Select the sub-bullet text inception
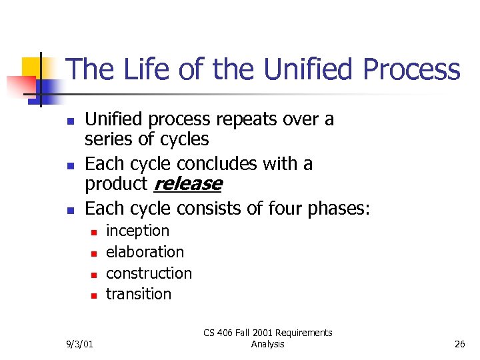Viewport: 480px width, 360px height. click(x=138, y=231)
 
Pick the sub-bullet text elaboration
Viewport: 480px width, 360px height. click(x=145, y=252)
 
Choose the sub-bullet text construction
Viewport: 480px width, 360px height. click(x=149, y=273)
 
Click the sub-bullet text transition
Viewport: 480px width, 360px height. click(x=139, y=294)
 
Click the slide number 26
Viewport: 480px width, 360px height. click(x=459, y=344)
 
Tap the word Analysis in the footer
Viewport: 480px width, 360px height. click(x=268, y=344)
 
